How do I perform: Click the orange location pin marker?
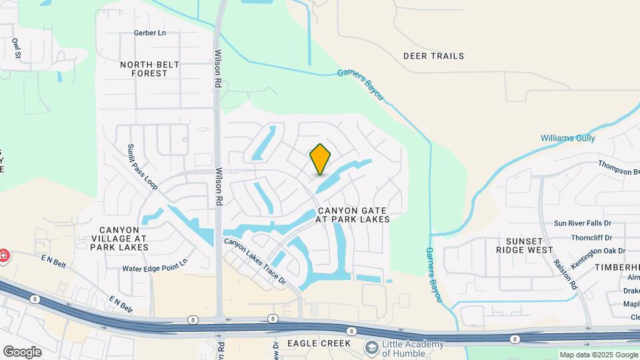(320, 160)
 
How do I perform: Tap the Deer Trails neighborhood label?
(433, 56)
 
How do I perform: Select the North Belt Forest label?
(144, 69)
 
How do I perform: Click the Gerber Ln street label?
(149, 33)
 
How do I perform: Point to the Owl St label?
(16, 49)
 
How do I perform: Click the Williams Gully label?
(567, 138)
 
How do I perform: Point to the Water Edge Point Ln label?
(155, 269)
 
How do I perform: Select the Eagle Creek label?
(319, 343)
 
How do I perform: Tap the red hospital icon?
(3, 255)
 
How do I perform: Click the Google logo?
(22, 352)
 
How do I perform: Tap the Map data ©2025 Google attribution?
(598, 355)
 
